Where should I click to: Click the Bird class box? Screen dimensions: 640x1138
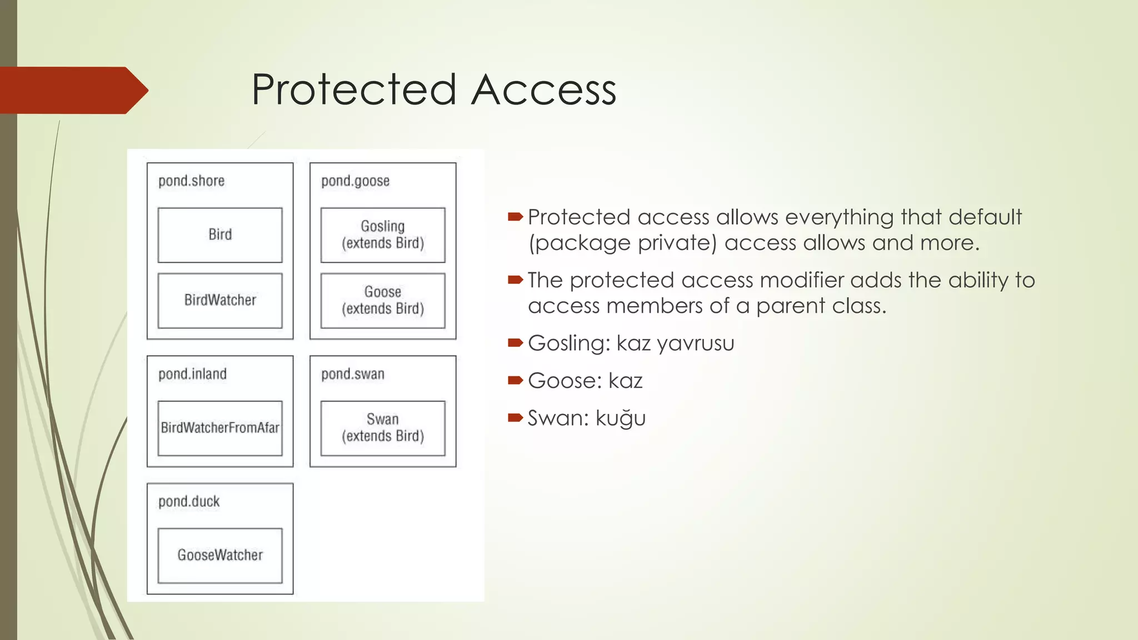click(220, 235)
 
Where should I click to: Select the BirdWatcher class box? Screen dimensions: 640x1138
click(220, 301)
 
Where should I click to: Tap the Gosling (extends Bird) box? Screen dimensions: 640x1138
click(383, 235)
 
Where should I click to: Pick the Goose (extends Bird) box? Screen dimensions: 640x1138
click(383, 301)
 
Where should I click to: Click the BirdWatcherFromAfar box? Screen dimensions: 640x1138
click(220, 428)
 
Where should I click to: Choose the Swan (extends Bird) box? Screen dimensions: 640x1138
click(383, 428)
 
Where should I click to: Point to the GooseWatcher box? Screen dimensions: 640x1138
click(220, 555)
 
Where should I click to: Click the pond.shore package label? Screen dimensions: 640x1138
click(191, 181)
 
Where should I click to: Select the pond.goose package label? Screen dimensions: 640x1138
click(355, 181)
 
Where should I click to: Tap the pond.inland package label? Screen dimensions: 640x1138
click(192, 374)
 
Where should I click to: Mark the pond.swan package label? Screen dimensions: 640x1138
click(352, 374)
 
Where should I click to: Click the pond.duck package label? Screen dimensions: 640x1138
click(189, 502)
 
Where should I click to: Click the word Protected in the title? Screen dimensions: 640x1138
click(353, 90)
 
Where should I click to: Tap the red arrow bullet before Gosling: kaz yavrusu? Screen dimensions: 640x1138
click(515, 343)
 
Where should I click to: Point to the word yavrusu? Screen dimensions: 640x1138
click(695, 344)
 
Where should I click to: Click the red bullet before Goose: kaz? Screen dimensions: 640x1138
click(515, 381)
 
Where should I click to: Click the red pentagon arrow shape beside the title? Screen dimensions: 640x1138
click(72, 91)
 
